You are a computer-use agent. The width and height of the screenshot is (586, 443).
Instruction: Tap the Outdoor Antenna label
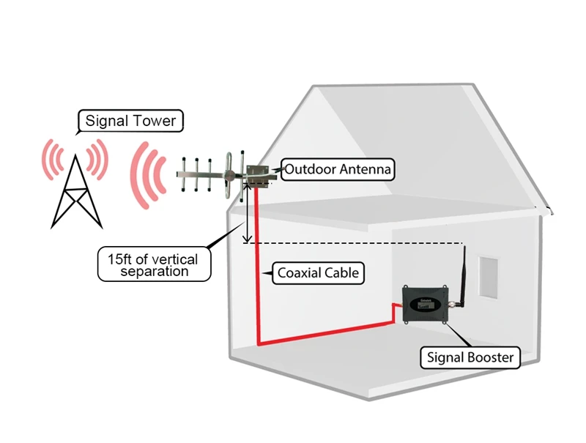[338, 170]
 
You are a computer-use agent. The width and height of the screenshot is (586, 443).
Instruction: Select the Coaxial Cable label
[318, 274]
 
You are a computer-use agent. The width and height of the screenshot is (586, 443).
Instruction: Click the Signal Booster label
[470, 358]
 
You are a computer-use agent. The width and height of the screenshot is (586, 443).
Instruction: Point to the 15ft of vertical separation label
[155, 264]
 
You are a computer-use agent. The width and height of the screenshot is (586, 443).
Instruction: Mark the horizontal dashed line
[359, 243]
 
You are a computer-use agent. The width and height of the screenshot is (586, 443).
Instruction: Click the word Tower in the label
[152, 121]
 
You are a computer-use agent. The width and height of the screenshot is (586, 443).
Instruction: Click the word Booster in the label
[491, 358]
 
